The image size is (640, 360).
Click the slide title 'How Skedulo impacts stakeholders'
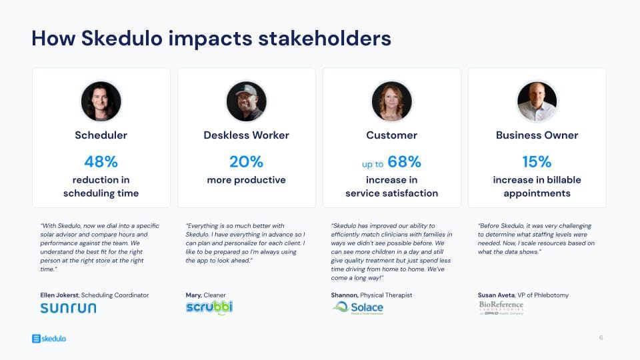211,38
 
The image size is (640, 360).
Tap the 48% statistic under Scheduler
101,161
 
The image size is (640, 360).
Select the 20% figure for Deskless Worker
246,161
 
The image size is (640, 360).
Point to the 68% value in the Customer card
404,161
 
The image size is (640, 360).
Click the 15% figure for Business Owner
537,161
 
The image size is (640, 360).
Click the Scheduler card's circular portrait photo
101,101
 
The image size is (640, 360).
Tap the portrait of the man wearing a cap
246,101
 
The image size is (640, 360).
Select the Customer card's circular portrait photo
391,101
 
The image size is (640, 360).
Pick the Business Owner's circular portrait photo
537,101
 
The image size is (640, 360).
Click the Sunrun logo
68,308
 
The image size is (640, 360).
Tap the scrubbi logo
209,307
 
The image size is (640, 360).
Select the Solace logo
358,307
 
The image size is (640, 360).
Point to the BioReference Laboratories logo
501,307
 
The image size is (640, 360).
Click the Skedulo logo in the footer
49,339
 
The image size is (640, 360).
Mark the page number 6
601,338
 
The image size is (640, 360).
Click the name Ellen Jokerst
59,295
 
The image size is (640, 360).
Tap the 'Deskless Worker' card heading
246,135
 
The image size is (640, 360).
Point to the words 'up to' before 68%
373,164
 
